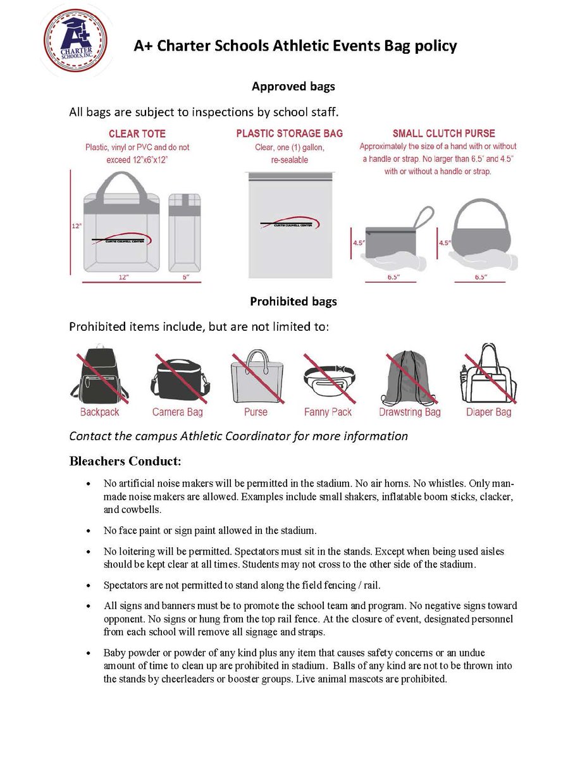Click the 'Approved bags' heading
point(293,87)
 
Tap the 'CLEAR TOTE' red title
point(137,134)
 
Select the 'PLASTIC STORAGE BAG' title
point(290,133)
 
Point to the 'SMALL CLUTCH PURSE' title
point(443,133)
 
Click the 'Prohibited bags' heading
point(293,302)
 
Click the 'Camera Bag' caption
point(177,412)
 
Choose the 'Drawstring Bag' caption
point(409,412)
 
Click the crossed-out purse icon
point(256,378)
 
